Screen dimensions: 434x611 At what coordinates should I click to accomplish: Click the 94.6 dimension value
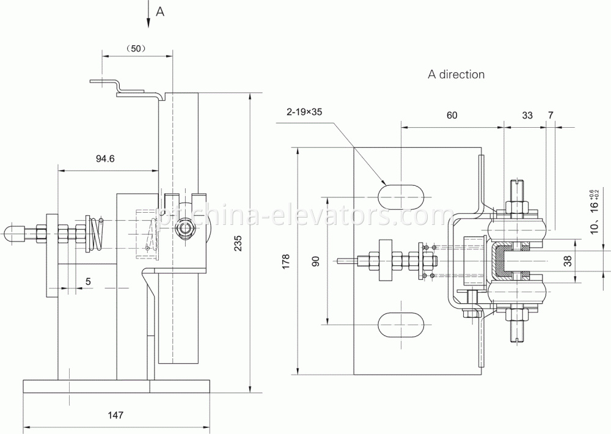click(105, 158)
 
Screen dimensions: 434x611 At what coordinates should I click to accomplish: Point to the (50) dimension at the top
click(134, 48)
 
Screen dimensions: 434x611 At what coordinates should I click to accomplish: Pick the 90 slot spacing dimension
click(315, 261)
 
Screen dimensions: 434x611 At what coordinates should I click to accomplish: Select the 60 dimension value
click(452, 114)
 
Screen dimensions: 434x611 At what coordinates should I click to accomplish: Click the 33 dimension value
click(527, 114)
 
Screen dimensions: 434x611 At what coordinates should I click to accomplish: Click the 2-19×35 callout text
click(304, 112)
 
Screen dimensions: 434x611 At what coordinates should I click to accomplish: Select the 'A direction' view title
click(456, 75)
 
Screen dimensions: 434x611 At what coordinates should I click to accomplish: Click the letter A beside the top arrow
click(160, 10)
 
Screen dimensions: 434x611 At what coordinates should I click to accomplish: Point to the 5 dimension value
click(89, 282)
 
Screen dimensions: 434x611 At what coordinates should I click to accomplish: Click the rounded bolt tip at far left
click(11, 233)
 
